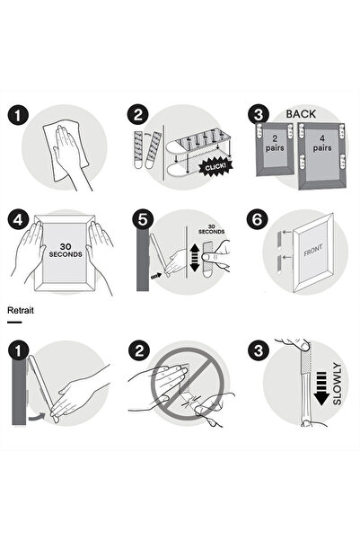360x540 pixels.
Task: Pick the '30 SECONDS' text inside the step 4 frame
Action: click(x=61, y=252)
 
